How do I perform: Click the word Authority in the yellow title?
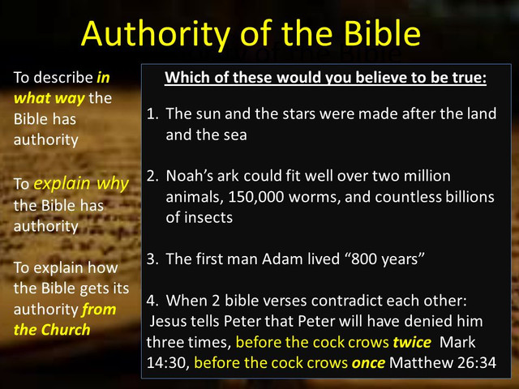156,35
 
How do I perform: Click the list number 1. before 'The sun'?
152,113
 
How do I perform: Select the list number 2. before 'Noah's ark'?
152,176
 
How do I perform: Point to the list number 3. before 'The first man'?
152,259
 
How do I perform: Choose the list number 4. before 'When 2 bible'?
152,301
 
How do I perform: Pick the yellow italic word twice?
412,342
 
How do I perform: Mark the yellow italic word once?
368,363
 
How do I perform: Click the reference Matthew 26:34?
443,363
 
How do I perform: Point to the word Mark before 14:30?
457,342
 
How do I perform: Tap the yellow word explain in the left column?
62,184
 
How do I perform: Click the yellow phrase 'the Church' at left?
52,330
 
